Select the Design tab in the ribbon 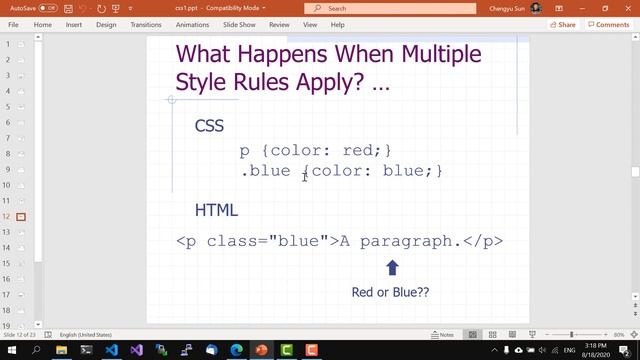click(106, 24)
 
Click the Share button click(563, 24)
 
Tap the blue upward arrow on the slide click(392, 267)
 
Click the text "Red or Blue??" click(390, 292)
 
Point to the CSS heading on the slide click(209, 126)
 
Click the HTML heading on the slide click(216, 210)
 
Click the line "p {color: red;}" click(316, 150)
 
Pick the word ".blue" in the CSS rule click(266, 171)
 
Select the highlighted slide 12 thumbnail click(20, 217)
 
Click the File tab click(13, 24)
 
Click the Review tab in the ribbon click(279, 24)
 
